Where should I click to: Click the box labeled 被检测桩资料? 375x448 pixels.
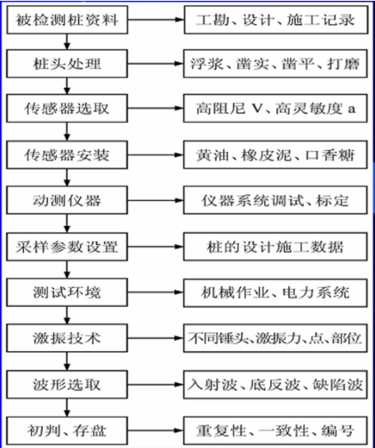pyautogui.click(x=68, y=20)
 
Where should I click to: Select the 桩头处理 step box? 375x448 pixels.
pyautogui.click(x=68, y=64)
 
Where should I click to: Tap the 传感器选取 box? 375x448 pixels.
pyautogui.click(x=68, y=108)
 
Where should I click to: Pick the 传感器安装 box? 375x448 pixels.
pyautogui.click(x=68, y=155)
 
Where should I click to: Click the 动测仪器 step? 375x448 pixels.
pyautogui.click(x=68, y=200)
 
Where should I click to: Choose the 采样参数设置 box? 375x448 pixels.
pyautogui.click(x=68, y=247)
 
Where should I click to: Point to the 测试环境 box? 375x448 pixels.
pyautogui.click(x=68, y=292)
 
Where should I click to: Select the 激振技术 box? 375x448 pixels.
pyautogui.click(x=68, y=338)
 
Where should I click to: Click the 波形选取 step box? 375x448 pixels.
pyautogui.click(x=68, y=385)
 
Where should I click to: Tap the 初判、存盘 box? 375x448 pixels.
pyautogui.click(x=68, y=431)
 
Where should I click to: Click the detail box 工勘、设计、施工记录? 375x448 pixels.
pyautogui.click(x=276, y=20)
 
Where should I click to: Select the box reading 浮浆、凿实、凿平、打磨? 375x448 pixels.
pyautogui.click(x=275, y=64)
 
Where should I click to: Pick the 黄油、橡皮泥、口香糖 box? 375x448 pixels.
pyautogui.click(x=275, y=155)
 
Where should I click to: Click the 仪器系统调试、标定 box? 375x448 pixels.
pyautogui.click(x=275, y=200)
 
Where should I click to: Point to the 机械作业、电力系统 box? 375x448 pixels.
pyautogui.click(x=275, y=292)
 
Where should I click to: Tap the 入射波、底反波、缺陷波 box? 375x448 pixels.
pyautogui.click(x=275, y=385)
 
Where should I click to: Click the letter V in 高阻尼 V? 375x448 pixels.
pyautogui.click(x=257, y=109)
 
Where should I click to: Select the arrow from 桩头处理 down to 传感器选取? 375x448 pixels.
pyautogui.click(x=68, y=86)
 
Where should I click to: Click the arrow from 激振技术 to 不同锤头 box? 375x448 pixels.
pyautogui.click(x=156, y=338)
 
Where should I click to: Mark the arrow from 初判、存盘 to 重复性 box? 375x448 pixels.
pyautogui.click(x=156, y=431)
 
